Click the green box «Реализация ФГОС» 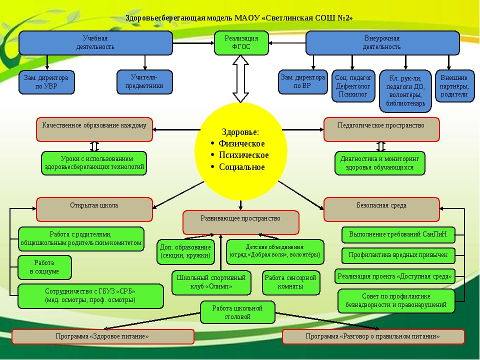[241, 43]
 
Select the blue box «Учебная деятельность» [95, 43]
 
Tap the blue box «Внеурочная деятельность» [382, 43]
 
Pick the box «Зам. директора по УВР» [46, 82]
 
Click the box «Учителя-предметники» [144, 82]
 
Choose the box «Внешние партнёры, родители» [454, 86]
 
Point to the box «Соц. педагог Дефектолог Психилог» [353, 86]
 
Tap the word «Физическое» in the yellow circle [241, 144]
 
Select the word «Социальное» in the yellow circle [241, 167]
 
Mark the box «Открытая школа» [94, 209]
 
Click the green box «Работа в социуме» [44, 267]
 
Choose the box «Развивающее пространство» [240, 222]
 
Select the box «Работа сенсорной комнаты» [290, 282]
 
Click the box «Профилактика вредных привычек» [398, 255]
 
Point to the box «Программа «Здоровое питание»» [102, 336]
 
